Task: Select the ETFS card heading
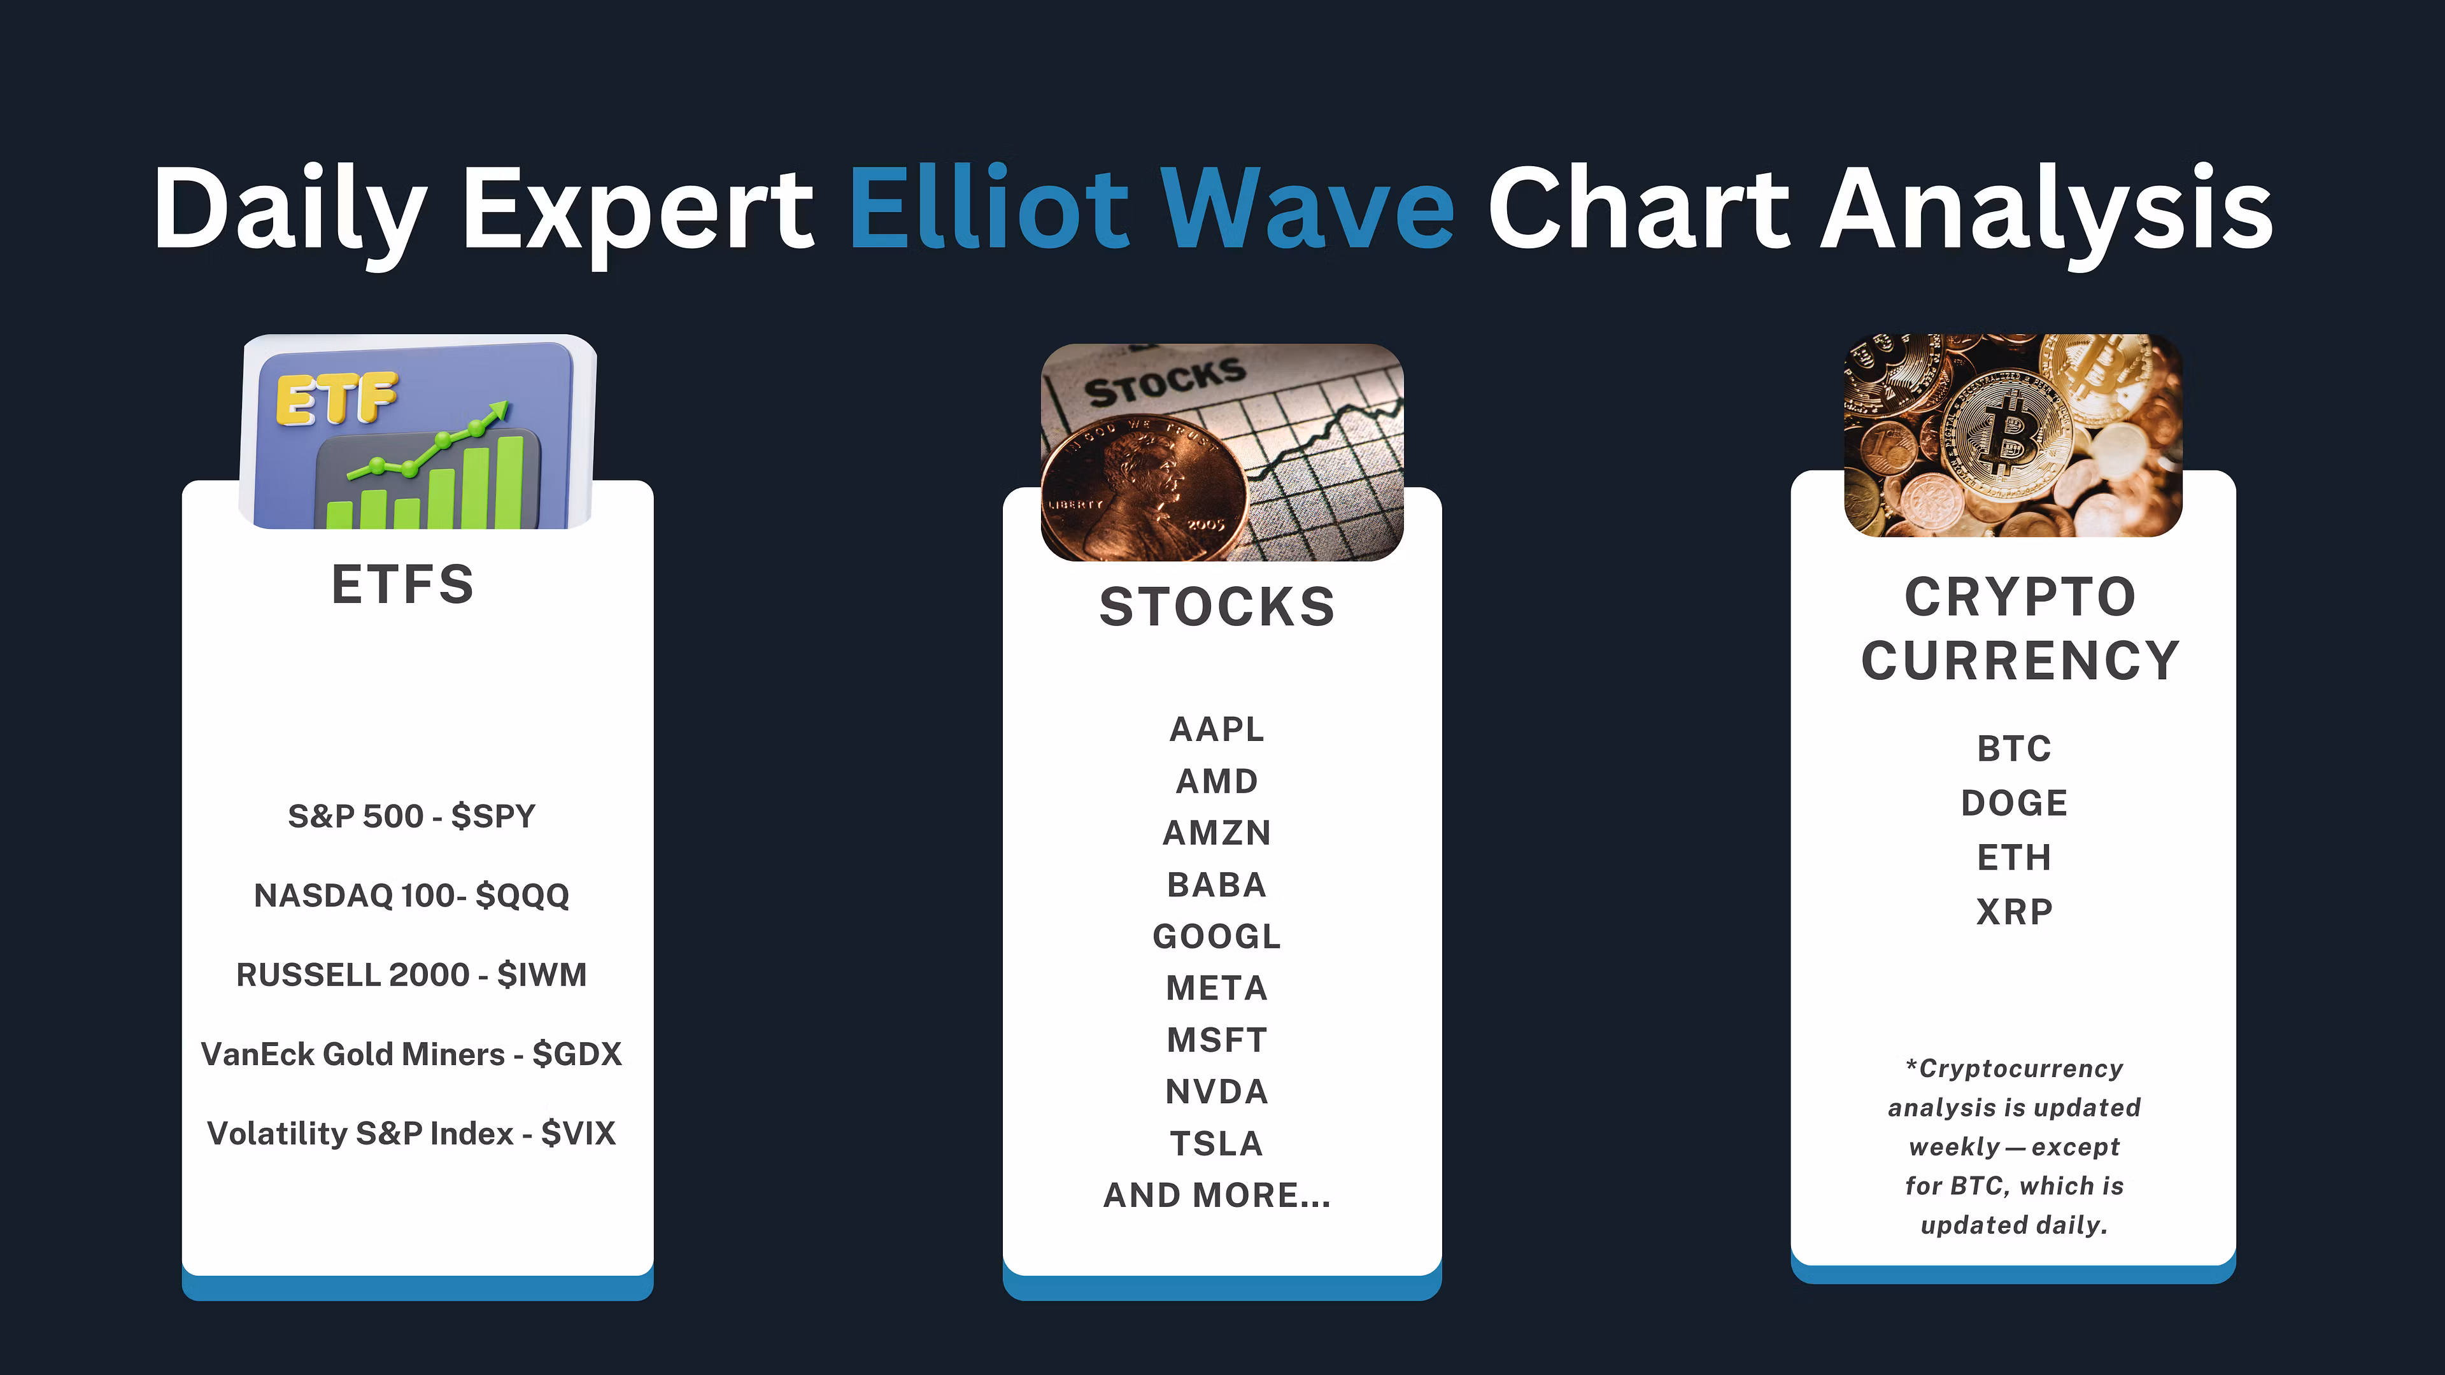[402, 584]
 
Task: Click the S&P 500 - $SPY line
[412, 816]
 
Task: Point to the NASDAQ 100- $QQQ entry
[412, 896]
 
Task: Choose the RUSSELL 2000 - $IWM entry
[412, 975]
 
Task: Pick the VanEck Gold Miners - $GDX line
[412, 1054]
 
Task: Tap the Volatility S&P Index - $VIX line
[412, 1133]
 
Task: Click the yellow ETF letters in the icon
[336, 398]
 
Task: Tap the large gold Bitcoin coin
[2010, 437]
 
